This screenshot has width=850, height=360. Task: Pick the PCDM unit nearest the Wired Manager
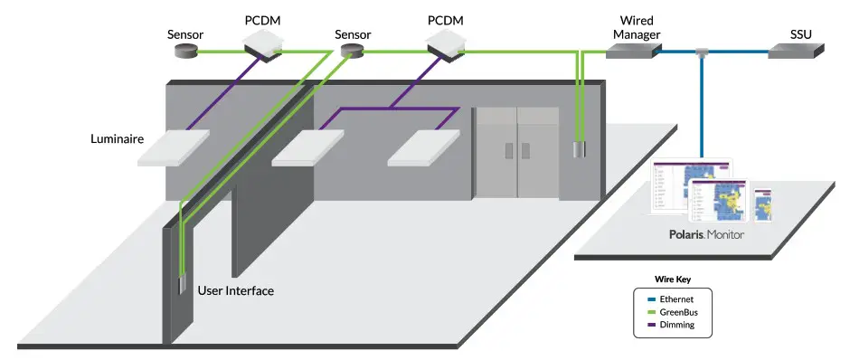pyautogui.click(x=447, y=40)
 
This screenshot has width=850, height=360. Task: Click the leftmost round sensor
pyautogui.click(x=186, y=52)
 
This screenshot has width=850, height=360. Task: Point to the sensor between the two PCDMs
pyautogui.click(x=353, y=52)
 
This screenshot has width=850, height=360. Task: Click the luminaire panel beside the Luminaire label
pyautogui.click(x=174, y=148)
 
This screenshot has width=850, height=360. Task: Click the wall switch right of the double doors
pyautogui.click(x=577, y=150)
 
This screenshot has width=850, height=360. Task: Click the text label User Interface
pyautogui.click(x=235, y=291)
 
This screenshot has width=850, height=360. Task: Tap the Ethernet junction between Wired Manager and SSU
pyautogui.click(x=701, y=52)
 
